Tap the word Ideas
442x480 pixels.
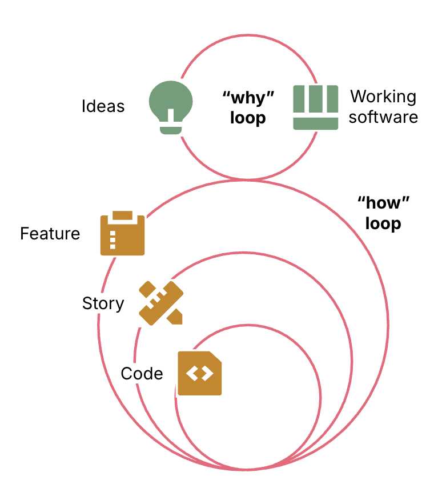[x=103, y=106]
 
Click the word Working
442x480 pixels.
[x=383, y=97]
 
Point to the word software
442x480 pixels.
[x=383, y=117]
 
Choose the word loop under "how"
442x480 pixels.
[x=384, y=223]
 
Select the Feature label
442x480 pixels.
[x=50, y=234]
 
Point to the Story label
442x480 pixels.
[x=103, y=303]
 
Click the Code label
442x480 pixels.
[x=142, y=374]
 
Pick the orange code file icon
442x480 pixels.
[x=199, y=373]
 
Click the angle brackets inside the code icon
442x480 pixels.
[x=199, y=374]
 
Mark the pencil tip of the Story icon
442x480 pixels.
[x=177, y=318]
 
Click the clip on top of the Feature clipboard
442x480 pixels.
[x=122, y=216]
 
